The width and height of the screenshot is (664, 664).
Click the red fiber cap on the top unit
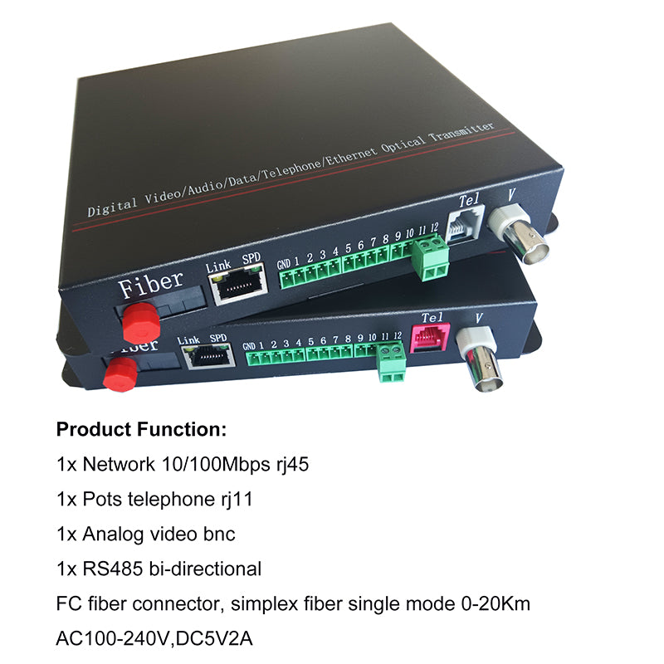click(x=141, y=323)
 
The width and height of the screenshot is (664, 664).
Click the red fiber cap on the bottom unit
click(x=120, y=374)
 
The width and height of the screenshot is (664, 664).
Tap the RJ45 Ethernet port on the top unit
click(x=238, y=283)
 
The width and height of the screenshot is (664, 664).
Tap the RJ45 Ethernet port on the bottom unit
click(x=209, y=356)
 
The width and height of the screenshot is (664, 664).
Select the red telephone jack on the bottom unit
click(x=429, y=338)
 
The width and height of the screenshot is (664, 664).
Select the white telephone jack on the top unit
click(x=466, y=225)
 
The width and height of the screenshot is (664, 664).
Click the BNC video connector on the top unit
click(x=520, y=234)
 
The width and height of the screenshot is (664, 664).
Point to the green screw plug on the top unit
click(x=431, y=258)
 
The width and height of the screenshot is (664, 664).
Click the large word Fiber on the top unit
click(x=151, y=283)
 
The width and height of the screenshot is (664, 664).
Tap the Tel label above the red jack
click(x=432, y=317)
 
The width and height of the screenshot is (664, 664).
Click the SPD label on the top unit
click(x=251, y=258)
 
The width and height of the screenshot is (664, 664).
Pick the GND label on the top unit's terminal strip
click(x=284, y=265)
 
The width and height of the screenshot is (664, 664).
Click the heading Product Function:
click(x=141, y=429)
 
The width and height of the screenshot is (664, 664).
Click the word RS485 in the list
click(x=113, y=569)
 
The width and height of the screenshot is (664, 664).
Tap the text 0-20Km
click(x=496, y=603)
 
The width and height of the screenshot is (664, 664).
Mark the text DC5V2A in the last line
click(x=214, y=638)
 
